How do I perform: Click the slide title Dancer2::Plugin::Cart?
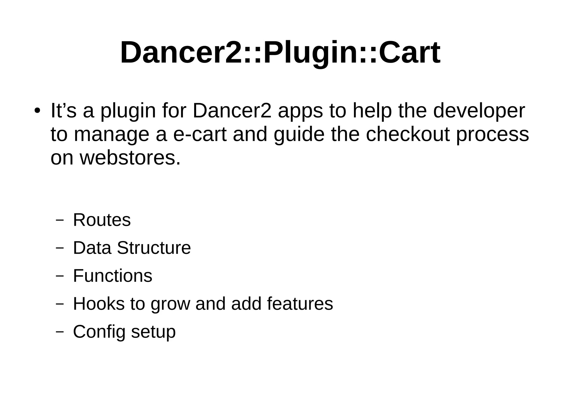[x=280, y=53]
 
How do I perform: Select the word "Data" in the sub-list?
[x=92, y=248]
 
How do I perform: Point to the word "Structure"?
[x=154, y=248]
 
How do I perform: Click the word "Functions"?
[x=113, y=276]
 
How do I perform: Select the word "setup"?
[x=153, y=332]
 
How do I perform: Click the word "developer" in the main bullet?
[x=479, y=111]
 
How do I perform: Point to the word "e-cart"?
[x=200, y=134]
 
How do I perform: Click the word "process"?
[x=492, y=135]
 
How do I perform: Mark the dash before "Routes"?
[x=60, y=220]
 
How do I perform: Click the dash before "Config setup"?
[x=60, y=332]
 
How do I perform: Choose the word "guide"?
[x=299, y=134]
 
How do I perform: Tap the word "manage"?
[x=111, y=135]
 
